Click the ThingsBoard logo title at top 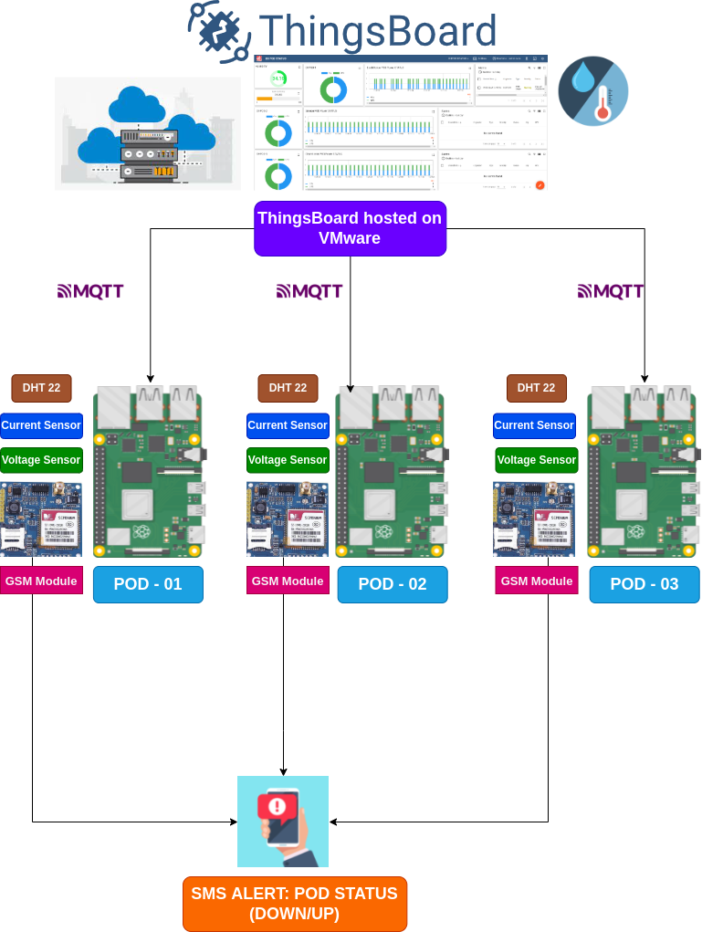point(342,30)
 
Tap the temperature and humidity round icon point(593,90)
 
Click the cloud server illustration point(148,133)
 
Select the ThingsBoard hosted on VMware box point(350,228)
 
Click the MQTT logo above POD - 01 point(90,291)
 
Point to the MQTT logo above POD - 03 point(611,291)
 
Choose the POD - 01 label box point(148,584)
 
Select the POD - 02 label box point(393,584)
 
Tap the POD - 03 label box point(644,584)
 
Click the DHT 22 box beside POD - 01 point(41,388)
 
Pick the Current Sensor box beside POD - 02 point(288,425)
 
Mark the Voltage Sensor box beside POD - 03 point(537,460)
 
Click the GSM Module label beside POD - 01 point(41,581)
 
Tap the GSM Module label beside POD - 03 point(537,581)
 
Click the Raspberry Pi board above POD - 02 point(393,470)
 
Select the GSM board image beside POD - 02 point(288,518)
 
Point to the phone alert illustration point(283,822)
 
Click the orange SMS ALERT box point(295,904)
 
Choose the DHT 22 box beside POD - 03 point(537,388)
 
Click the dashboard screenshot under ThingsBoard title point(401,123)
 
